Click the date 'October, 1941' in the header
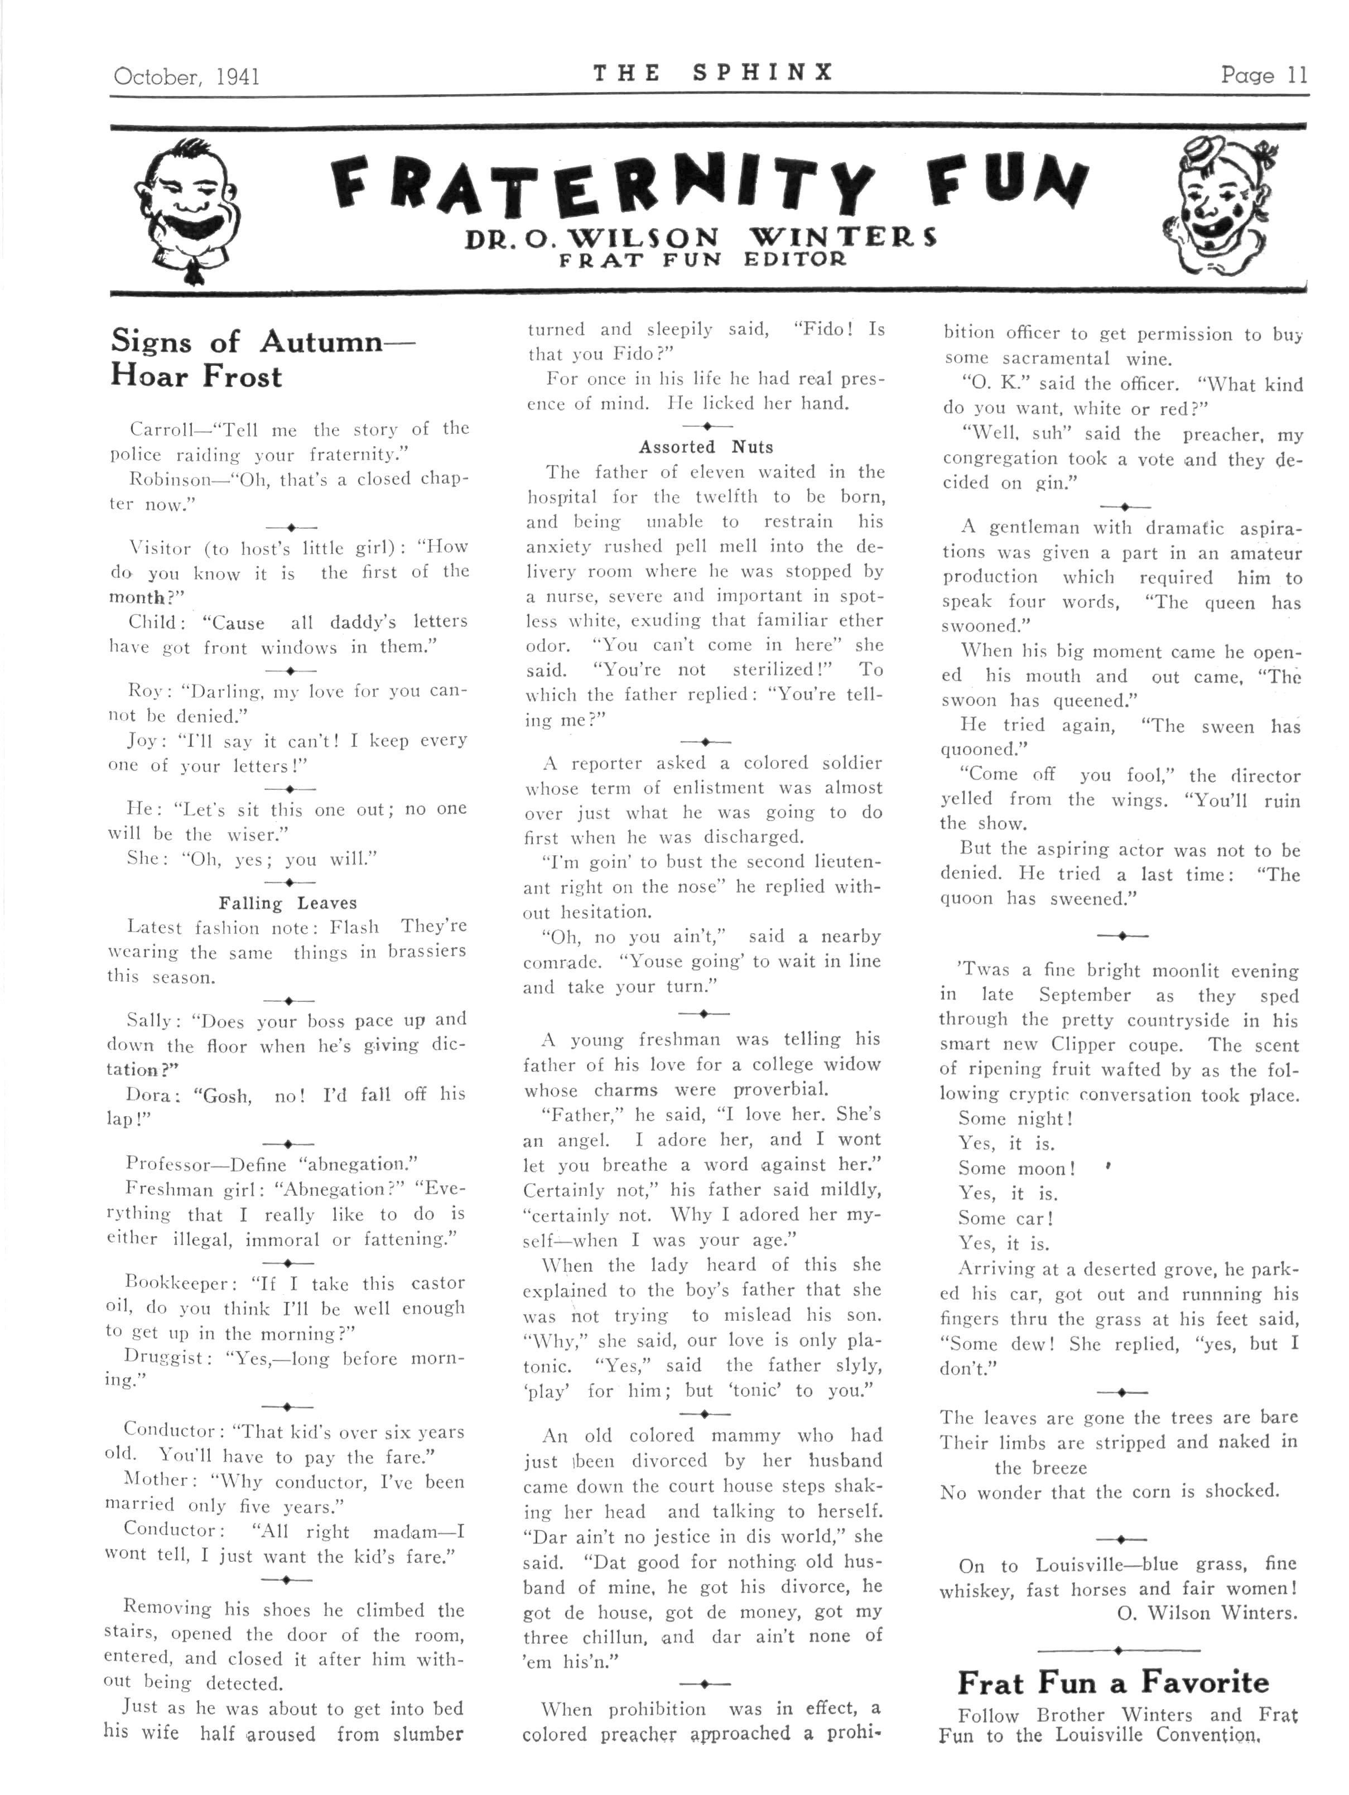click(x=187, y=76)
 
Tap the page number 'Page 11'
click(x=1264, y=75)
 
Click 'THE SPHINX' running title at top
click(x=712, y=73)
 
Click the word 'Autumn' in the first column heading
click(x=321, y=341)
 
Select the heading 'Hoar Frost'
click(x=196, y=377)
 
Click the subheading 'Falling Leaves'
click(x=287, y=903)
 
